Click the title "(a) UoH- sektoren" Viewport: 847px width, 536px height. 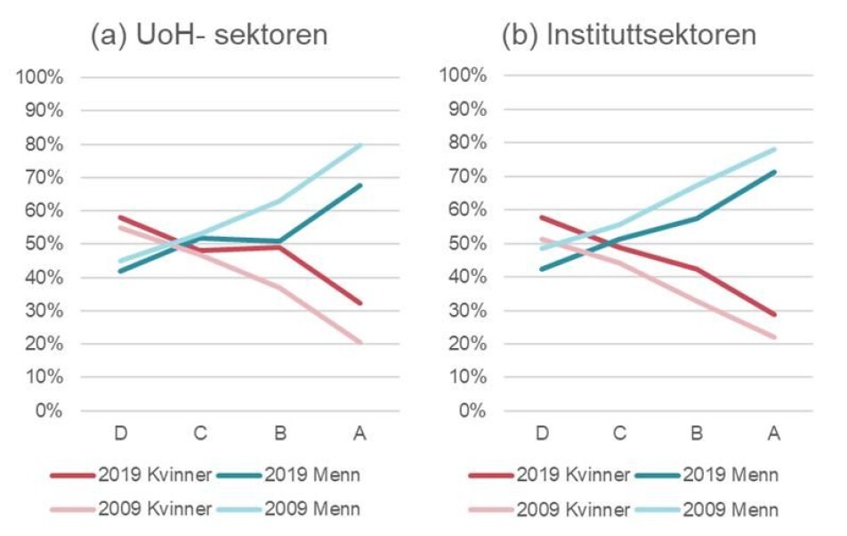(209, 35)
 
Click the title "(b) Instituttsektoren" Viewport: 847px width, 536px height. (628, 35)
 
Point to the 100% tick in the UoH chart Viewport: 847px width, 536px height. (41, 77)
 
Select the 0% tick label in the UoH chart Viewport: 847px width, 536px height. (50, 411)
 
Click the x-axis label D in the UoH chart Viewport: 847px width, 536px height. (119, 434)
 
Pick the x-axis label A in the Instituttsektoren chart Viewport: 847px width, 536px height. (774, 434)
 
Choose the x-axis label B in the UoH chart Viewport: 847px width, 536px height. (279, 434)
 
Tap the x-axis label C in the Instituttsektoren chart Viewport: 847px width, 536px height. (618, 434)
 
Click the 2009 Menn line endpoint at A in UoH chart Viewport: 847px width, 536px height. (360, 144)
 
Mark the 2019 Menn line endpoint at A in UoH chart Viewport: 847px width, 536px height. (360, 185)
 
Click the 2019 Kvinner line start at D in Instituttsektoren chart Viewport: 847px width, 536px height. (540, 217)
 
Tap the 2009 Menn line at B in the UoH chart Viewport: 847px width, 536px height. (279, 200)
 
